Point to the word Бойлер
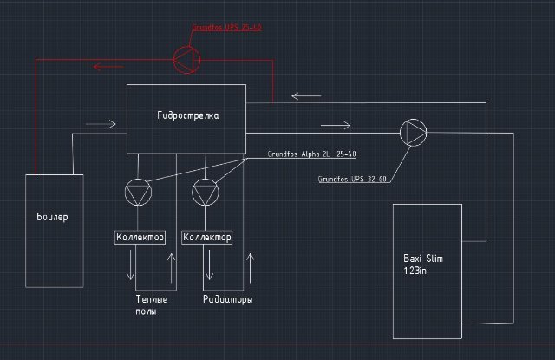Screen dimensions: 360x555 click(53, 216)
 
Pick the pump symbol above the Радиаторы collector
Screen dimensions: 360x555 click(205, 192)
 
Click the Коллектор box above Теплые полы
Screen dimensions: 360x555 click(140, 237)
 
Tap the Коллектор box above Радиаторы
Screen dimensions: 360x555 click(207, 237)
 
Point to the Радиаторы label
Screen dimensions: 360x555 click(228, 299)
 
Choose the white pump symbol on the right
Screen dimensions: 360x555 click(414, 132)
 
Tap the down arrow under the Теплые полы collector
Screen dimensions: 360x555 click(131, 264)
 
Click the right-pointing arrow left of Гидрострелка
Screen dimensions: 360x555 click(101, 124)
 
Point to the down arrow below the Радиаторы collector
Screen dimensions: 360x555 click(206, 264)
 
